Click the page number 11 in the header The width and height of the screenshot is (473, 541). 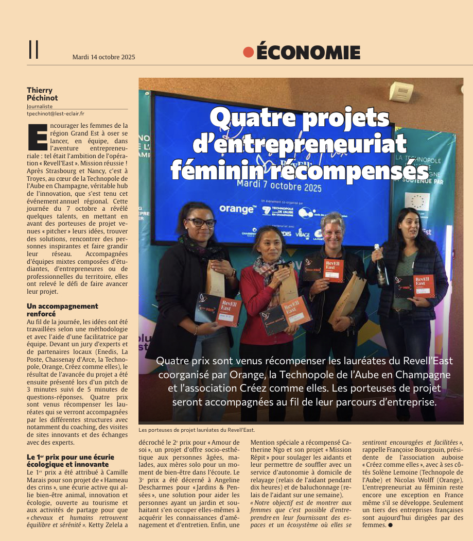point(34,50)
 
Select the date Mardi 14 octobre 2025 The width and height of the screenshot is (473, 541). point(103,57)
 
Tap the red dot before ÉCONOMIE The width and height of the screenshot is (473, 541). point(249,52)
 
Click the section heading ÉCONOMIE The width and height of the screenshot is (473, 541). point(308,53)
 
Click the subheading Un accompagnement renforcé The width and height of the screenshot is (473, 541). point(62,310)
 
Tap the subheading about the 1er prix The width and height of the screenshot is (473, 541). point(70,460)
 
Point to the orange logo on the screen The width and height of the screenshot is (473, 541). point(237,209)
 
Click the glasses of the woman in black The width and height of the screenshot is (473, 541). point(201,223)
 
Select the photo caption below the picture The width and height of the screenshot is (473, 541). point(197,430)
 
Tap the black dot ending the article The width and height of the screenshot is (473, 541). point(390,525)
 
